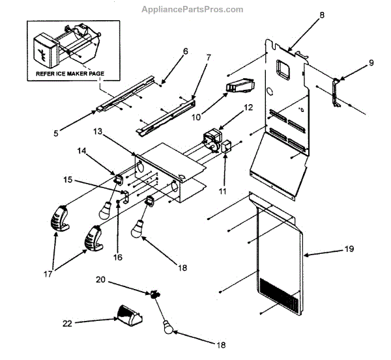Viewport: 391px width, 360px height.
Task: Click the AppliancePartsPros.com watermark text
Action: click(x=192, y=9)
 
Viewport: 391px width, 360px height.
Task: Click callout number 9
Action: click(x=371, y=63)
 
